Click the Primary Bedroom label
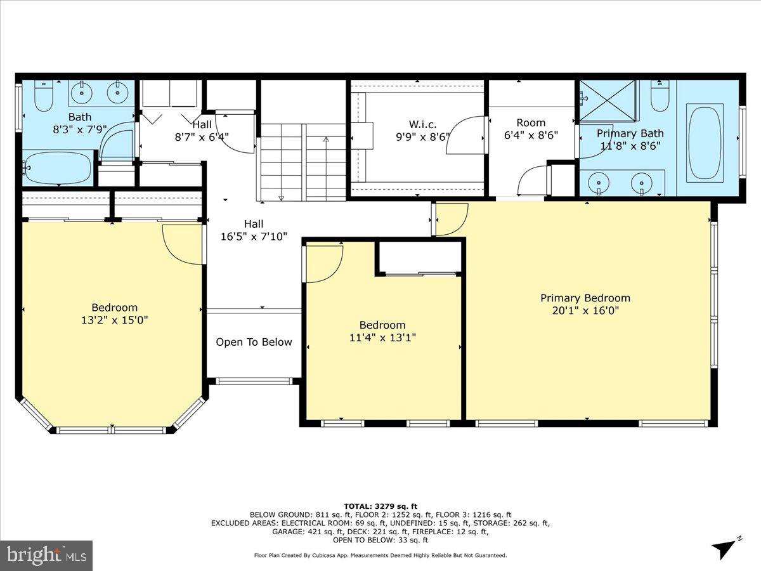click(x=585, y=298)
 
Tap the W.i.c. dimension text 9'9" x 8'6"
click(x=413, y=136)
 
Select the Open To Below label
click(x=254, y=343)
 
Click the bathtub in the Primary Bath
click(x=705, y=143)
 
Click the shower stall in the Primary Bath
click(x=608, y=100)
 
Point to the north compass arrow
click(x=725, y=548)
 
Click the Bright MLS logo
click(x=46, y=556)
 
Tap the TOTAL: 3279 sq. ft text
click(x=380, y=505)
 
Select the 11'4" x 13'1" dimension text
click(x=382, y=338)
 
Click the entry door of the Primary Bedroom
click(x=450, y=219)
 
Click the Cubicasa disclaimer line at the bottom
click(x=380, y=555)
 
